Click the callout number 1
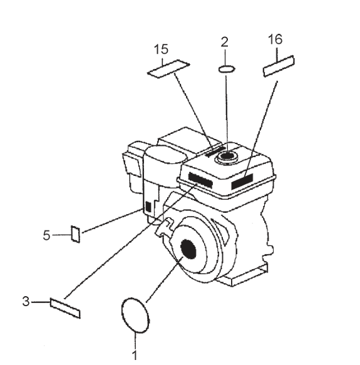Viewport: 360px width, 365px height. click(135, 354)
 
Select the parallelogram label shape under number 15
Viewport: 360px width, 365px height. click(168, 68)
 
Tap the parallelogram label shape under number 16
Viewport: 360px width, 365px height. click(279, 66)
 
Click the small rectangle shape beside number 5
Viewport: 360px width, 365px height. click(75, 234)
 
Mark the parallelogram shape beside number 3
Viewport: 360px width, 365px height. click(65, 307)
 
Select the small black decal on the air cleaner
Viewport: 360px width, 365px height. click(148, 206)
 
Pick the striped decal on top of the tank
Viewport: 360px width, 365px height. click(213, 151)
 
